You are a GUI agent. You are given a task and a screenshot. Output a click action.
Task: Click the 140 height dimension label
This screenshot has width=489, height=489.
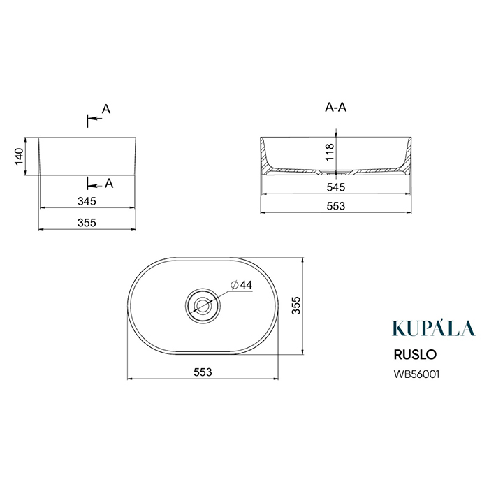pos(19,157)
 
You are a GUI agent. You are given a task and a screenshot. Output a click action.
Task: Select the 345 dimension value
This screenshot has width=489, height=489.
pos(87,201)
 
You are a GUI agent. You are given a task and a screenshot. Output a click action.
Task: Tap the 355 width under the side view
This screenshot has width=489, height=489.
pos(87,223)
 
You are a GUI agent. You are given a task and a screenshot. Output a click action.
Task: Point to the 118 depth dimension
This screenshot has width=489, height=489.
pos(329,152)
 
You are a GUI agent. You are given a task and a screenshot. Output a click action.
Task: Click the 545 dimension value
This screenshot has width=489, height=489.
pos(336,187)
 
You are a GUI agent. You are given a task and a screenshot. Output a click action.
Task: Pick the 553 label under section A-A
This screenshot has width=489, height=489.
pos(336,206)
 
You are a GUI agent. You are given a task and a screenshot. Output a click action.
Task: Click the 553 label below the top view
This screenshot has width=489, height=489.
pos(203,372)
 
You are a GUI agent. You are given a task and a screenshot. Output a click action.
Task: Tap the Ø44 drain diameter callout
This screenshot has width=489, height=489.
pos(241,285)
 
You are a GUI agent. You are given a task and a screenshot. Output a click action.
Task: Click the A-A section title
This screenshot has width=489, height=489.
pos(336,108)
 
